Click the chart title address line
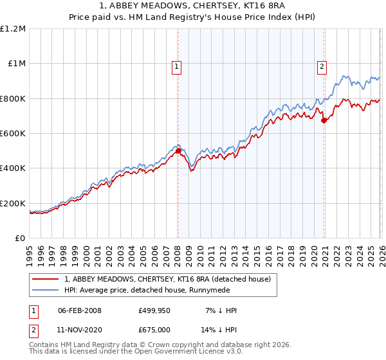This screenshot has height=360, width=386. click(193, 6)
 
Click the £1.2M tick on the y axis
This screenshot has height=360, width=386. click(14, 29)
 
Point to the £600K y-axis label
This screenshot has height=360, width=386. click(14, 134)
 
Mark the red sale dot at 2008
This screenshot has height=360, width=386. click(178, 151)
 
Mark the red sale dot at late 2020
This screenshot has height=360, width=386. click(323, 120)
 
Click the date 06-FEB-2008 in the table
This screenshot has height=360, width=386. click(80, 310)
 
